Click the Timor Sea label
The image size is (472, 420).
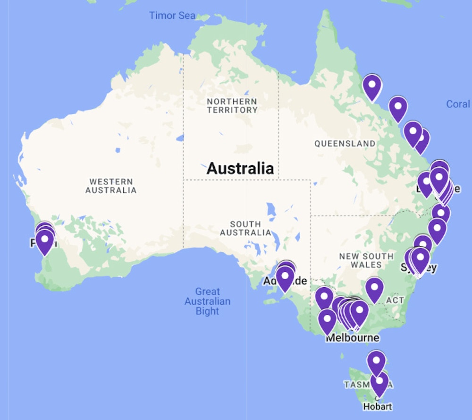click(172, 16)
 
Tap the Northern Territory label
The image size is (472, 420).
click(232, 105)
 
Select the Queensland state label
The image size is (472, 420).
click(345, 144)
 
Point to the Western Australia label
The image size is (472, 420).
click(111, 186)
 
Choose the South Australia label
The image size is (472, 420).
click(245, 228)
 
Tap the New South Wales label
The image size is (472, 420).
click(366, 260)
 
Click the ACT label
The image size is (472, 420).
click(395, 300)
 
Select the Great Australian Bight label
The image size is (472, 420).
click(207, 301)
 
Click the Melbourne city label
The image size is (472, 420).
click(352, 338)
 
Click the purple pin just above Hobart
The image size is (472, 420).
click(379, 383)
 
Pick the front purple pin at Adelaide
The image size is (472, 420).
click(285, 278)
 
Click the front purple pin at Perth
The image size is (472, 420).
click(45, 241)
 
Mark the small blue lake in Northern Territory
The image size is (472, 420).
click(179, 138)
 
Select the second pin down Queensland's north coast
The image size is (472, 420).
click(398, 108)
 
